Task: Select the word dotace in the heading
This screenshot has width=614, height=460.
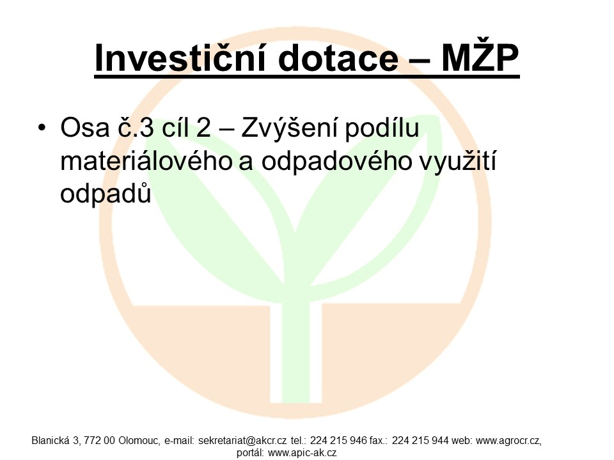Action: click(338, 59)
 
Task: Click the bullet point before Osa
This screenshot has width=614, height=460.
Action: click(42, 127)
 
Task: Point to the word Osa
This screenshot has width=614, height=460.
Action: click(84, 128)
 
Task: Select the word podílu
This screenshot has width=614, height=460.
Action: click(382, 128)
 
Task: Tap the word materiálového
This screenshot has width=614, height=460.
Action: click(146, 161)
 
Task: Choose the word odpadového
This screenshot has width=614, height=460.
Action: click(337, 161)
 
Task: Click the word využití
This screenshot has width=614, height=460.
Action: click(458, 161)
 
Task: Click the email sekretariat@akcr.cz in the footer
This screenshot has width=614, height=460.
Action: click(242, 441)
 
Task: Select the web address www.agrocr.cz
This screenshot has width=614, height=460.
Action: click(508, 441)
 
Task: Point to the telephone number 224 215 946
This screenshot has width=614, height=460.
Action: click(339, 441)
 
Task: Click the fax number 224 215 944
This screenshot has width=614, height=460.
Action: click(420, 441)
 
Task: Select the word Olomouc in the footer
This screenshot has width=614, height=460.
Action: click(139, 441)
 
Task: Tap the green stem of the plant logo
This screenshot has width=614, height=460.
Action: click(295, 348)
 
